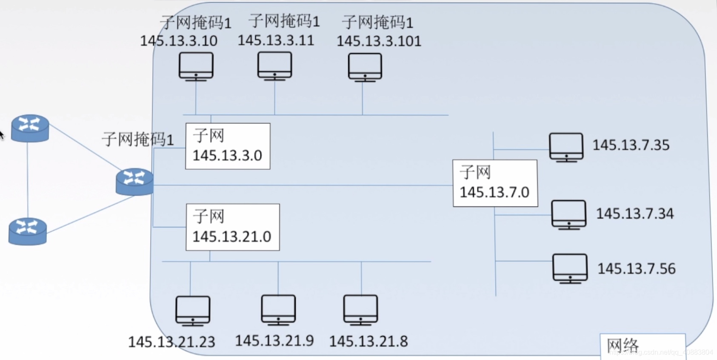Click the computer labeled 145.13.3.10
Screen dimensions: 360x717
coord(196,66)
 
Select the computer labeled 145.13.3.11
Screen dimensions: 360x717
coord(274,66)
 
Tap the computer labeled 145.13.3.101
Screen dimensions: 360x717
coord(365,67)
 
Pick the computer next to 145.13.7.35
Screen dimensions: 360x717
coord(566,147)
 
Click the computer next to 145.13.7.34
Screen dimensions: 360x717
coord(568,214)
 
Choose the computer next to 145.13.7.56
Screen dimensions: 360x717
coord(570,268)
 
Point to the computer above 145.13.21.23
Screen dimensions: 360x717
coord(193,311)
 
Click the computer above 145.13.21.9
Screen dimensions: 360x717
coord(278,310)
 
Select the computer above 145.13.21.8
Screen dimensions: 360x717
coord(360,310)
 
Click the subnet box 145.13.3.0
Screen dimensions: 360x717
coord(228,146)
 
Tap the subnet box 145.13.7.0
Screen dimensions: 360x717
coord(495,183)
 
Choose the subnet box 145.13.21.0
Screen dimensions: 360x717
coord(232,227)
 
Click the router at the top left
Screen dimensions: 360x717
coord(30,128)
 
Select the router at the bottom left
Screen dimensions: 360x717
coord(28,231)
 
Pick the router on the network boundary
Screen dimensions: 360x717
coord(134,181)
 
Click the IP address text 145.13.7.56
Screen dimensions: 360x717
coord(636,269)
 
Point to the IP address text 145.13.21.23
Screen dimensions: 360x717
coord(171,342)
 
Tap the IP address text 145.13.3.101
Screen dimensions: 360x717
coord(379,41)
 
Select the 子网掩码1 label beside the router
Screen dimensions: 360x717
coord(138,139)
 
